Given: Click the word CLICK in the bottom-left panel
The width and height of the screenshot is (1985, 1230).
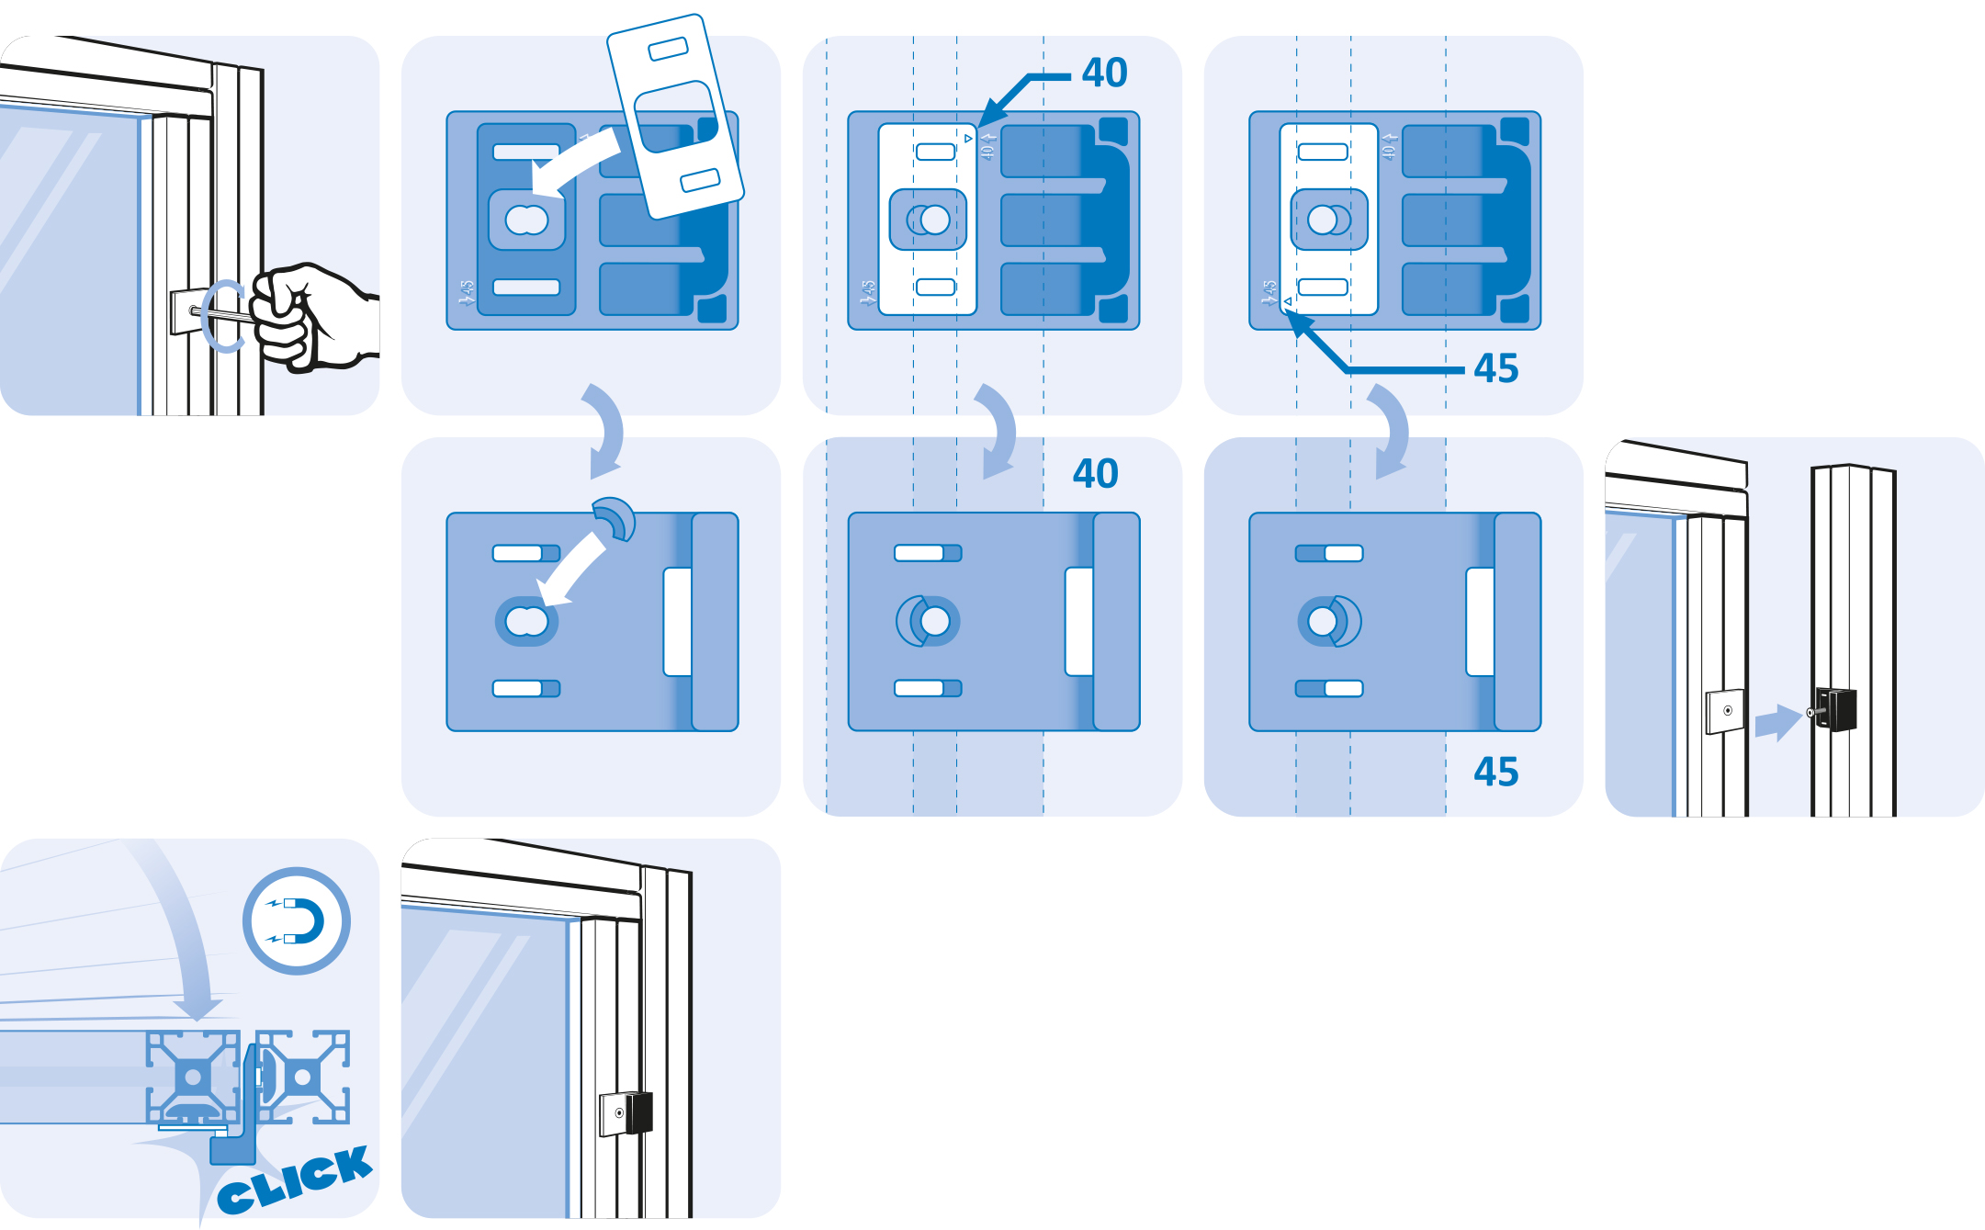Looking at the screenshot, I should (x=295, y=1179).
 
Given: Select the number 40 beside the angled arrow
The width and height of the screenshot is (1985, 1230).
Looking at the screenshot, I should (x=1104, y=73).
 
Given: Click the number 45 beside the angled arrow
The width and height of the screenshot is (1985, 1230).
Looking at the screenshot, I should (x=1495, y=368).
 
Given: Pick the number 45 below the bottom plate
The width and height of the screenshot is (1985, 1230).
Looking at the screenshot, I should (x=1495, y=772).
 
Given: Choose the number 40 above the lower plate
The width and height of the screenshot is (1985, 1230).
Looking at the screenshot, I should (x=1095, y=474).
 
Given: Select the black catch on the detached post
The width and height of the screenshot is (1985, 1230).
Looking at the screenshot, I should (x=1836, y=708).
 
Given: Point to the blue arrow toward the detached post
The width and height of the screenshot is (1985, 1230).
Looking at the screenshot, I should (x=1777, y=722).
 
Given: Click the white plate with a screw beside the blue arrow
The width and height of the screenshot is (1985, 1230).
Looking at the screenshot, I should (x=1724, y=711).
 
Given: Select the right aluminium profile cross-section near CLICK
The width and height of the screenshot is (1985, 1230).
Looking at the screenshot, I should (x=304, y=1076).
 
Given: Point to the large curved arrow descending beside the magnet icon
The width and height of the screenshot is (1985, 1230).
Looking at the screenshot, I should (x=179, y=928).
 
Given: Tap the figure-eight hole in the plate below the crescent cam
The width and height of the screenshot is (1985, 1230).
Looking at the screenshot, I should (x=526, y=622).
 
